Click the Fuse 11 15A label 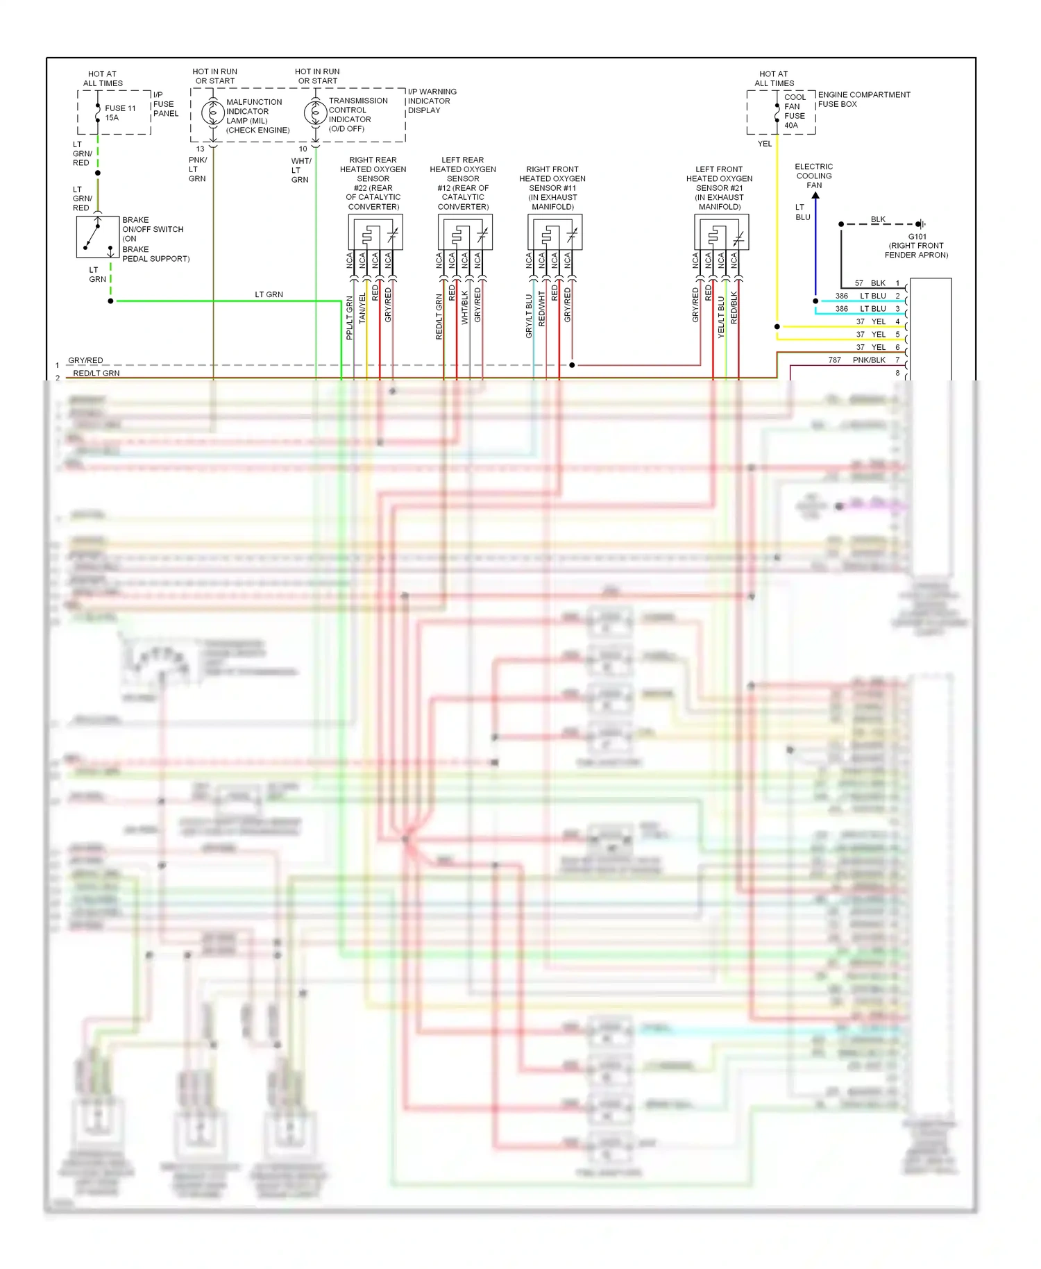pos(119,112)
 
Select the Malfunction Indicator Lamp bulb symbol pos(212,112)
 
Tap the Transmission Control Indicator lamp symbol pos(315,112)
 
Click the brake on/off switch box pos(98,237)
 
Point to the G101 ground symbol pos(920,224)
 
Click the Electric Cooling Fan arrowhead pos(815,196)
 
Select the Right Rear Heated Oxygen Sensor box pos(375,232)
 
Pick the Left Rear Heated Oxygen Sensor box pos(465,232)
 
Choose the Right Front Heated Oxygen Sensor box pos(555,232)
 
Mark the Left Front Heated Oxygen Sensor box pos(721,232)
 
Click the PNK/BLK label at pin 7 pos(869,360)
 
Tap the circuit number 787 pos(834,360)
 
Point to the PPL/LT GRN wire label pos(350,318)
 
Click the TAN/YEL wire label pos(362,308)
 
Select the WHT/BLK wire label pos(465,308)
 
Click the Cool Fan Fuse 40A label pos(794,111)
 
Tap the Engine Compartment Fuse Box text pos(863,99)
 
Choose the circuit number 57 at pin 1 pos(859,283)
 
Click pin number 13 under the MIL pos(201,149)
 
